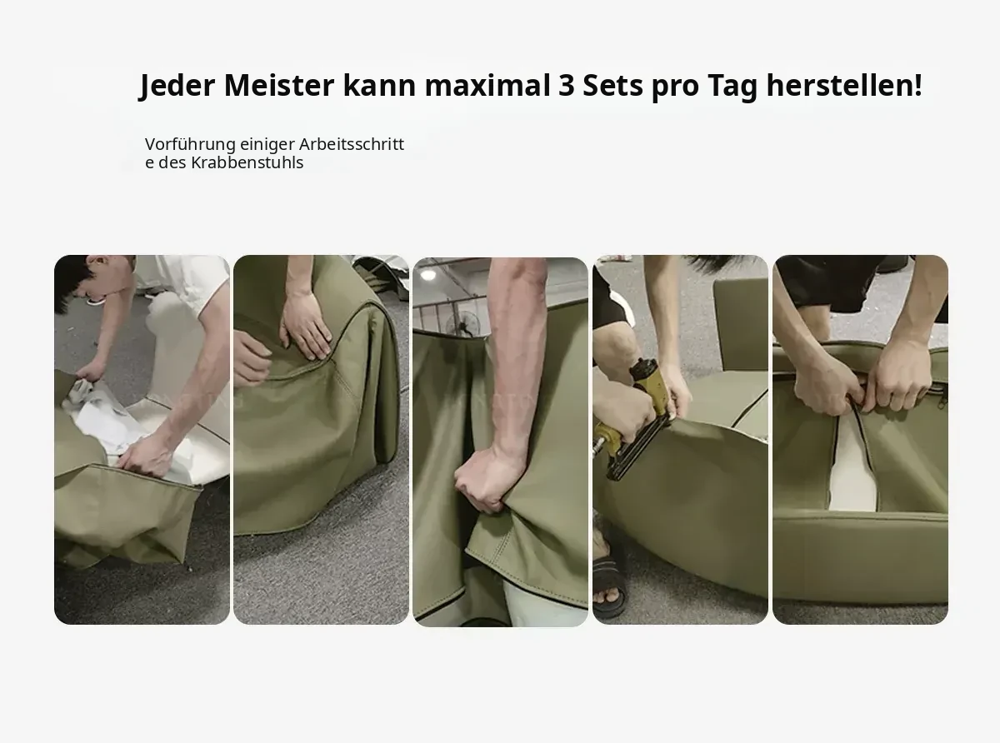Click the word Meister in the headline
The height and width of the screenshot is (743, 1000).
(x=278, y=85)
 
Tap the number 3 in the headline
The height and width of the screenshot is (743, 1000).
(x=567, y=85)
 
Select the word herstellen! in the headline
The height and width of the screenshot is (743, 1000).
(x=844, y=85)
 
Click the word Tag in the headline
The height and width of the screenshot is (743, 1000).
(x=732, y=87)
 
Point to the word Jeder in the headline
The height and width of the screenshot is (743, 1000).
(x=177, y=86)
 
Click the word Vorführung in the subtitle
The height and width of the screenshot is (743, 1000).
(x=190, y=145)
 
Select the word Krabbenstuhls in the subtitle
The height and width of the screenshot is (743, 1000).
(x=247, y=162)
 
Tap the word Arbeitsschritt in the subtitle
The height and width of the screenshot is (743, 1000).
(x=352, y=144)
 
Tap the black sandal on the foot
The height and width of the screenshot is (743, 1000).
(x=609, y=582)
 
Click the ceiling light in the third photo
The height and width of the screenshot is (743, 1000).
(x=427, y=274)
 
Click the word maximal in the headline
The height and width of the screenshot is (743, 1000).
(x=487, y=85)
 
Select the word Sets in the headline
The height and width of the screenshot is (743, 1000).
(x=612, y=85)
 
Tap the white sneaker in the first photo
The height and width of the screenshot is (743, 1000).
(x=97, y=300)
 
